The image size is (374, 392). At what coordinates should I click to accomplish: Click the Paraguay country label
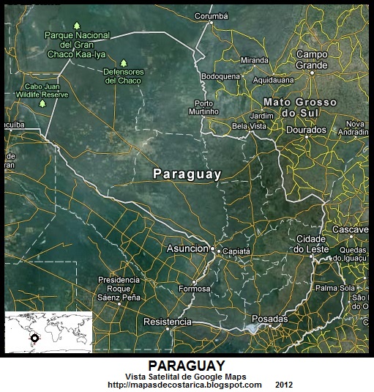pyautogui.click(x=187, y=174)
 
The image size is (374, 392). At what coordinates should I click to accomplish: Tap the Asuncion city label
pyautogui.click(x=187, y=248)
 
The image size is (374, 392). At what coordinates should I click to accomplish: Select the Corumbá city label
pyautogui.click(x=211, y=15)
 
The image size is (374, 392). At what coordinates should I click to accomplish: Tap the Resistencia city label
pyautogui.click(x=168, y=322)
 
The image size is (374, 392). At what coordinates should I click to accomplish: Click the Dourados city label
pyautogui.click(x=306, y=130)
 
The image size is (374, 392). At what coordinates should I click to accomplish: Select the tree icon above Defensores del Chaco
pyautogui.click(x=124, y=63)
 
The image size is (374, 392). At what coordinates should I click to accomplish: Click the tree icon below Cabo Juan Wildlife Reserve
pyautogui.click(x=42, y=103)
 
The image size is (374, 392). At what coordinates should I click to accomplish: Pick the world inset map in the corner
pyautogui.click(x=48, y=334)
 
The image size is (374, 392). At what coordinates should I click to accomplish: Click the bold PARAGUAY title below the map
pyautogui.click(x=186, y=365)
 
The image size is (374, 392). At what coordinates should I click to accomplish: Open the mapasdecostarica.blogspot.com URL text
pyautogui.click(x=184, y=385)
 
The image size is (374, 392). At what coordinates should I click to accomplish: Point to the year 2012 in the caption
pyautogui.click(x=285, y=385)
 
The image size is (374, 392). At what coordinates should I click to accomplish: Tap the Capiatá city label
pyautogui.click(x=236, y=250)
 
